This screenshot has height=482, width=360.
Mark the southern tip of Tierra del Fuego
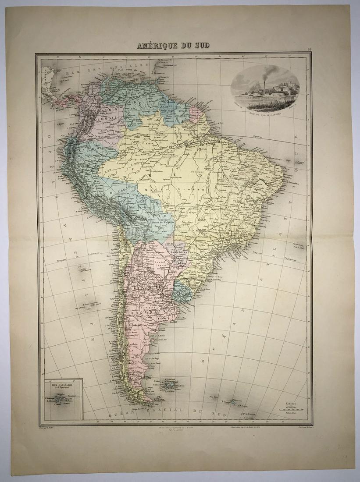coord(145,401)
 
